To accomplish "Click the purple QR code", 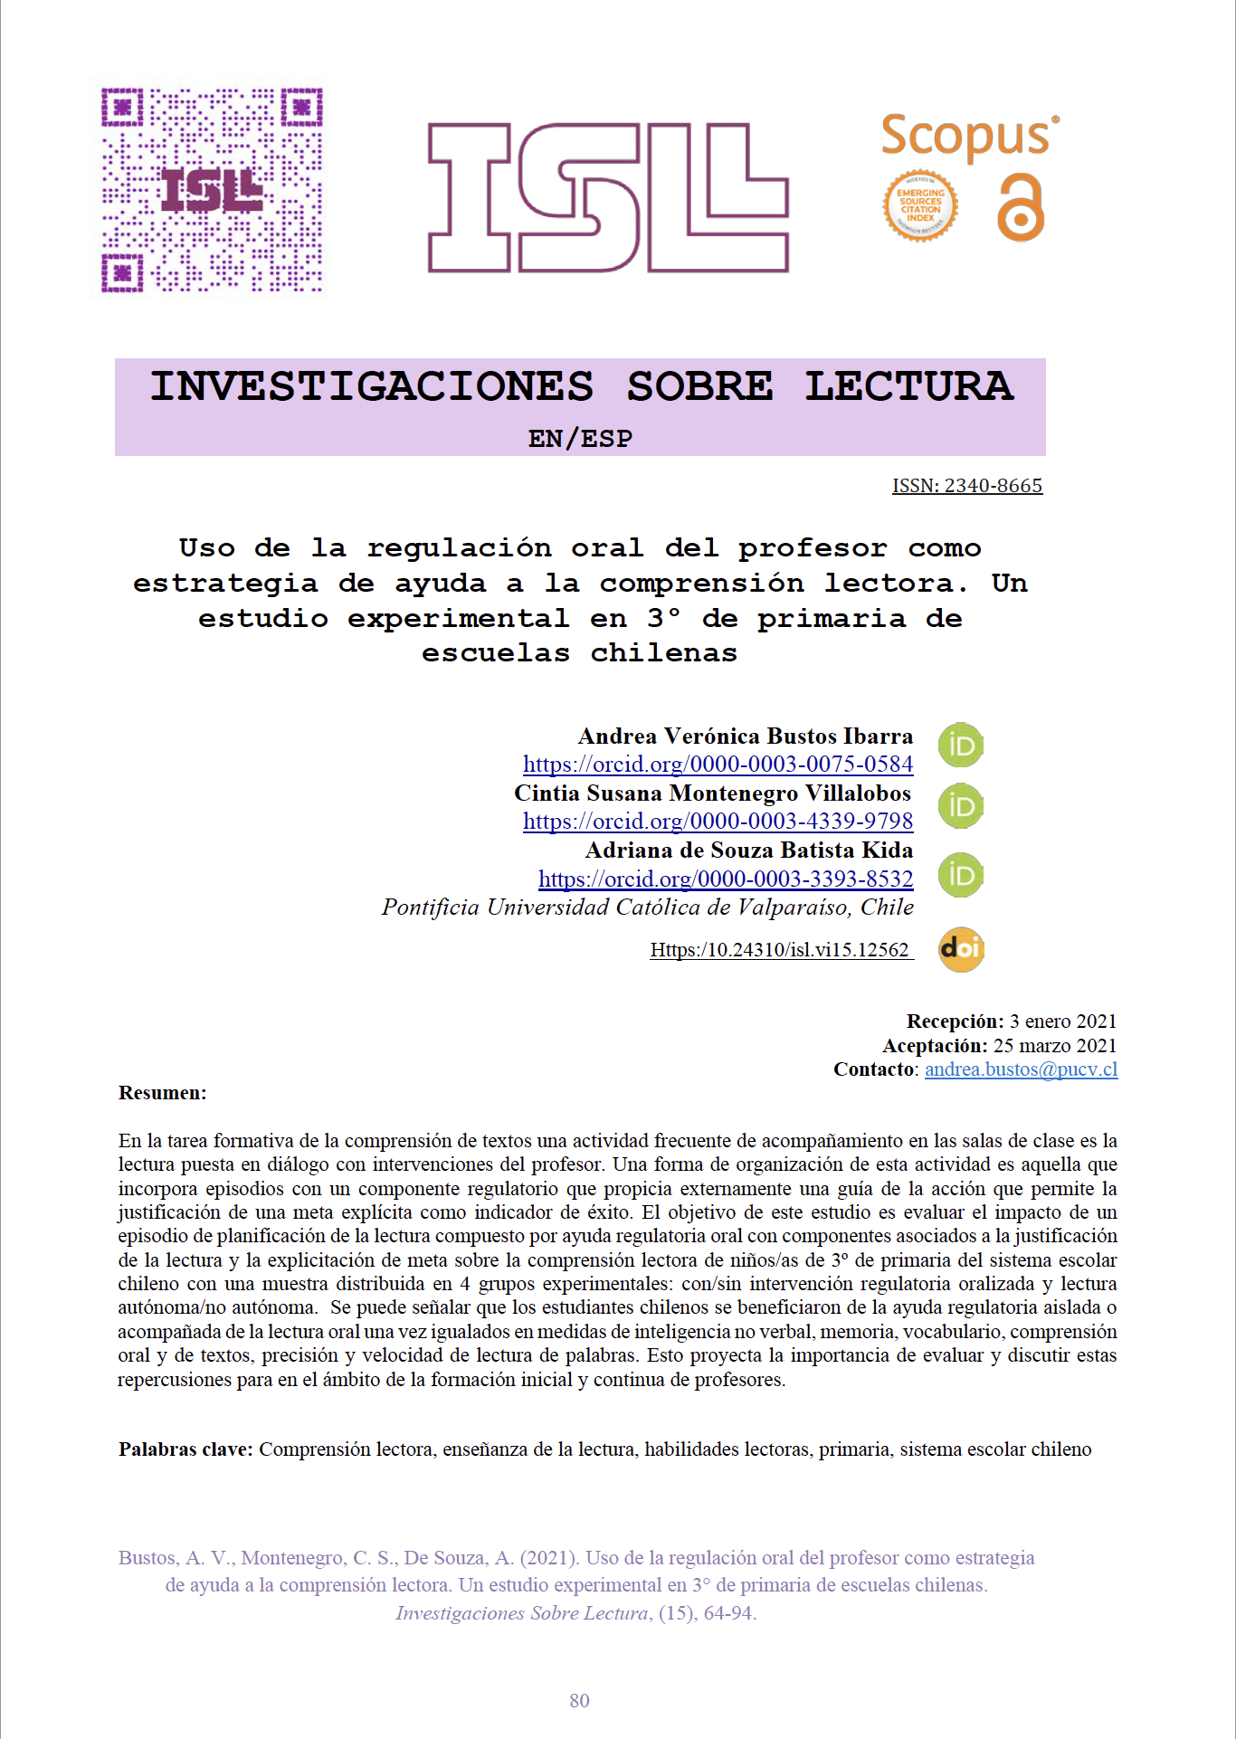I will (x=212, y=190).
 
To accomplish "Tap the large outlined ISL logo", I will (x=607, y=197).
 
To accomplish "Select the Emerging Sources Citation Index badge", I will (x=920, y=206).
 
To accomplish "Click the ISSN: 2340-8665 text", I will (x=967, y=486).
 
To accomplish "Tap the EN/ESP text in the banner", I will (x=580, y=439).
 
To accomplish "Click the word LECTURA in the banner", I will (x=908, y=386).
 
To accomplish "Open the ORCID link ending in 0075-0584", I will (x=718, y=765).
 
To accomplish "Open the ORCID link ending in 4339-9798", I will (x=718, y=822).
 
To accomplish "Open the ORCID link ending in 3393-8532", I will (x=726, y=879).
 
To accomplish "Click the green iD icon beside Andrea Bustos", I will (x=961, y=746).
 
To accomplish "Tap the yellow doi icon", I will (x=961, y=949).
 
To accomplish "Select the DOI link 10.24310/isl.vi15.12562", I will (x=780, y=950).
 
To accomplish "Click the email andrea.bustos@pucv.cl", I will (x=1021, y=1069).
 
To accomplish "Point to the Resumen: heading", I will (x=163, y=1093).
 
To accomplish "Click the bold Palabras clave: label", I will (x=185, y=1449).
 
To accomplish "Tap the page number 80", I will (x=580, y=1701).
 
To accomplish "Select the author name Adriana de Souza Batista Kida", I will (x=749, y=850).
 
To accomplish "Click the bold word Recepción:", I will (x=955, y=1022).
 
